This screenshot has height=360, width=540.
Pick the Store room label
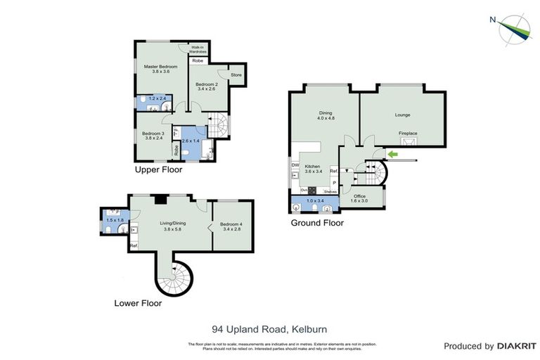point(236,75)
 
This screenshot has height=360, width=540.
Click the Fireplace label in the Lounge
point(408,133)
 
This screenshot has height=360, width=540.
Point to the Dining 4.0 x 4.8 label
point(325,115)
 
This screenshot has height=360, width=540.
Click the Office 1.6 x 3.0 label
point(359,198)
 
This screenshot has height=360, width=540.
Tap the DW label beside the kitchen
point(295,166)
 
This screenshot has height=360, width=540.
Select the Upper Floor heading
point(159,170)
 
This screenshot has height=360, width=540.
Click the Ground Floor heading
point(317,223)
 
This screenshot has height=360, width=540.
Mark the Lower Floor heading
point(138,304)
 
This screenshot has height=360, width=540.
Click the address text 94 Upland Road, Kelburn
point(269,329)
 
